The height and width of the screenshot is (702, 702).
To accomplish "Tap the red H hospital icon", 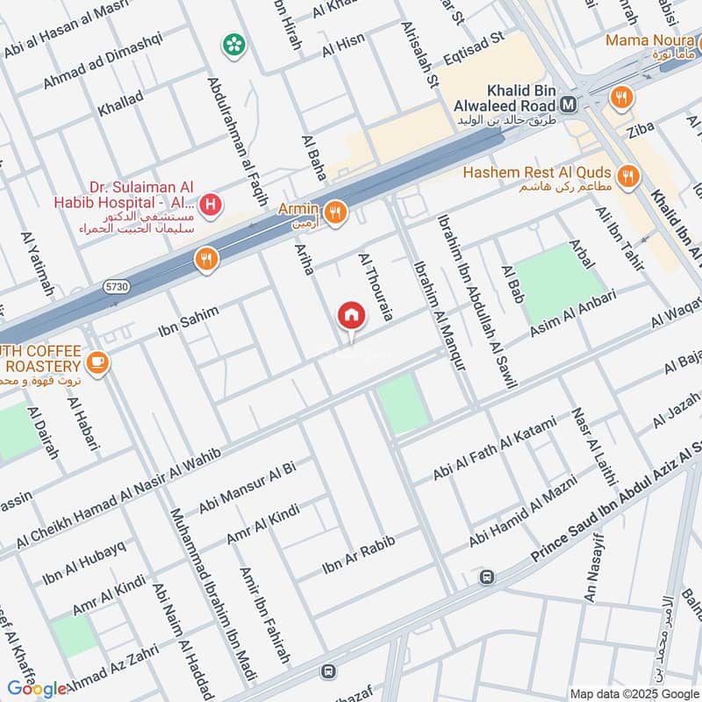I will pyautogui.click(x=211, y=206).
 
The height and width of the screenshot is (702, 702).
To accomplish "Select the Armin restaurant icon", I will pyautogui.click(x=333, y=211).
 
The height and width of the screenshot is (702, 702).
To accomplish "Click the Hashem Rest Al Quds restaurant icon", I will pyautogui.click(x=627, y=176).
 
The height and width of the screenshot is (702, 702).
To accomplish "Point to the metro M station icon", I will pyautogui.click(x=569, y=104).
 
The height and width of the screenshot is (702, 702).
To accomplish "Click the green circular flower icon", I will pyautogui.click(x=233, y=43).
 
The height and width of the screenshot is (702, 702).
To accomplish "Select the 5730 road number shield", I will pyautogui.click(x=115, y=286).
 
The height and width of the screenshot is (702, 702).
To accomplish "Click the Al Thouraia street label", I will pyautogui.click(x=373, y=287).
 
